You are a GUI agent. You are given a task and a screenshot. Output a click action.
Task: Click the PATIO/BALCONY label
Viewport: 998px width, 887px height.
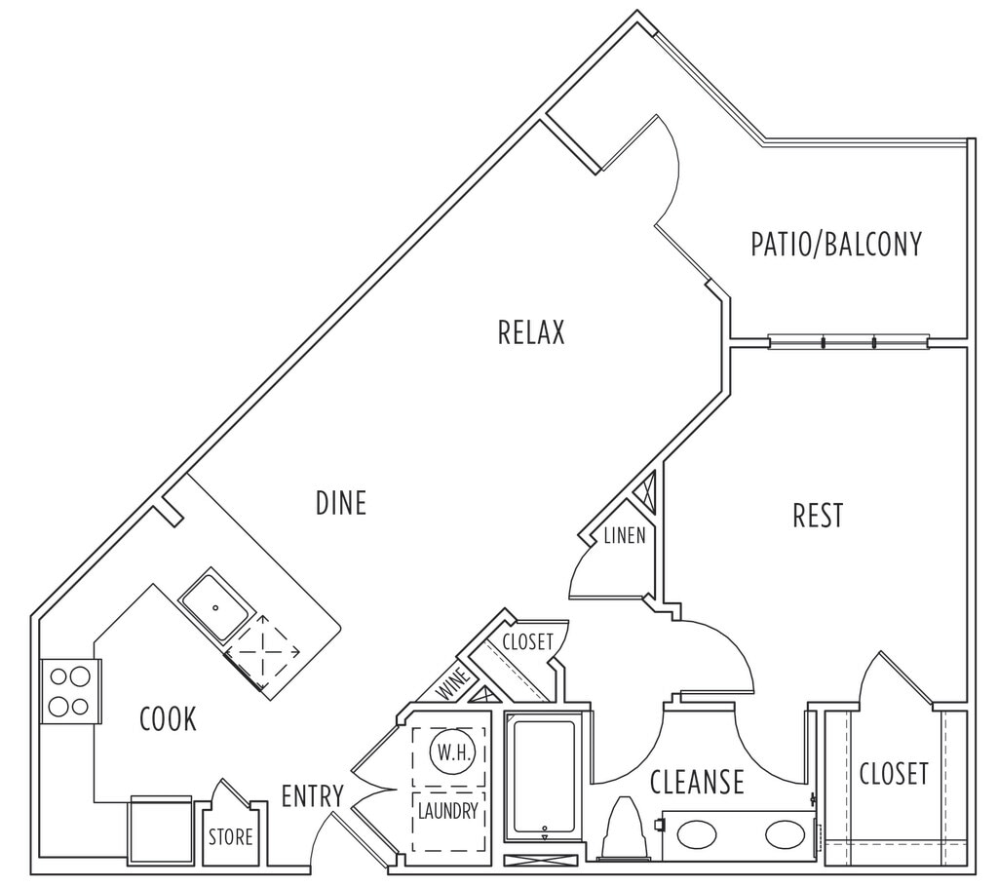tap(835, 244)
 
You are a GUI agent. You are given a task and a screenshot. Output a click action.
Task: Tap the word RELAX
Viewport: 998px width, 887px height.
tap(531, 333)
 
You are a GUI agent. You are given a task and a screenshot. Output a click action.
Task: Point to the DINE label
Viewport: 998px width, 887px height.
tap(341, 503)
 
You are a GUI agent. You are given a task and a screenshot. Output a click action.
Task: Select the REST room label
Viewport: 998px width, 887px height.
tap(818, 516)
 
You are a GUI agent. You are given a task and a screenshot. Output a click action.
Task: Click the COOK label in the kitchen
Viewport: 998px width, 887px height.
tap(168, 719)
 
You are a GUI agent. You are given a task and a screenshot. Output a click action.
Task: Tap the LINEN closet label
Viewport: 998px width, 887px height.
tap(625, 536)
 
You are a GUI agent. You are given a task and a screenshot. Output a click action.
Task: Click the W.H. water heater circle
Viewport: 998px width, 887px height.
tap(449, 753)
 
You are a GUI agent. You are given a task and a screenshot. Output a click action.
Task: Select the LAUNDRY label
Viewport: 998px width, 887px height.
tap(448, 810)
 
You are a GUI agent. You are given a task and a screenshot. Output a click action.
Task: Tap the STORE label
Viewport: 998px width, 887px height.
tap(231, 837)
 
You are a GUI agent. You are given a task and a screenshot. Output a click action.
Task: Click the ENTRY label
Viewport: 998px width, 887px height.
tap(312, 796)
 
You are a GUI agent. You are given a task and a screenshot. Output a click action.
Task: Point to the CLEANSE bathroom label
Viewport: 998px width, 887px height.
tap(697, 782)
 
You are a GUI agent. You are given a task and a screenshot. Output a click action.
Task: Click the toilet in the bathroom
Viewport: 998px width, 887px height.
tap(624, 830)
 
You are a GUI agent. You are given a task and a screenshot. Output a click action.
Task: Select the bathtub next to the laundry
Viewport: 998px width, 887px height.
tap(545, 778)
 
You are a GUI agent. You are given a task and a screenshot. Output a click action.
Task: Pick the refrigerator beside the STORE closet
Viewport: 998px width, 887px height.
tap(161, 829)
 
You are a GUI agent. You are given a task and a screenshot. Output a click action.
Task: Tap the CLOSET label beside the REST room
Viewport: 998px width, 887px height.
tap(894, 774)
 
